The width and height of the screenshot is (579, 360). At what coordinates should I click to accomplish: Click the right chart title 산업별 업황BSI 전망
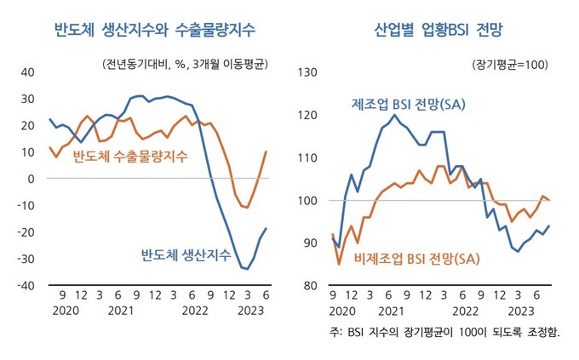[x=439, y=31]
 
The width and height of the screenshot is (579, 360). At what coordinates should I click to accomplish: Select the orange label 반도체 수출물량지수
[x=130, y=157]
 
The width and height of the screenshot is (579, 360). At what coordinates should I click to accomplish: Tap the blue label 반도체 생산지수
[x=185, y=254]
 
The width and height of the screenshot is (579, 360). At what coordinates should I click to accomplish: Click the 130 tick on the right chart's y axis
[x=304, y=72]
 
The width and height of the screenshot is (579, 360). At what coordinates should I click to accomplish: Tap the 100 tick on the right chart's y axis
[x=304, y=201]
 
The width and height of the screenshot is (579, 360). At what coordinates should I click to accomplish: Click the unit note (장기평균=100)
[x=508, y=65]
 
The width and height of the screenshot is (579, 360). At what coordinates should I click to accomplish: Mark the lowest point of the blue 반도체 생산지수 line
[x=247, y=269]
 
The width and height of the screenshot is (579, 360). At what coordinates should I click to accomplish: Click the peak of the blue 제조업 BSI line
[x=394, y=115]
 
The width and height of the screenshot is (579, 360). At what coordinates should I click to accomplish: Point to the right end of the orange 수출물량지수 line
[x=267, y=151]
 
